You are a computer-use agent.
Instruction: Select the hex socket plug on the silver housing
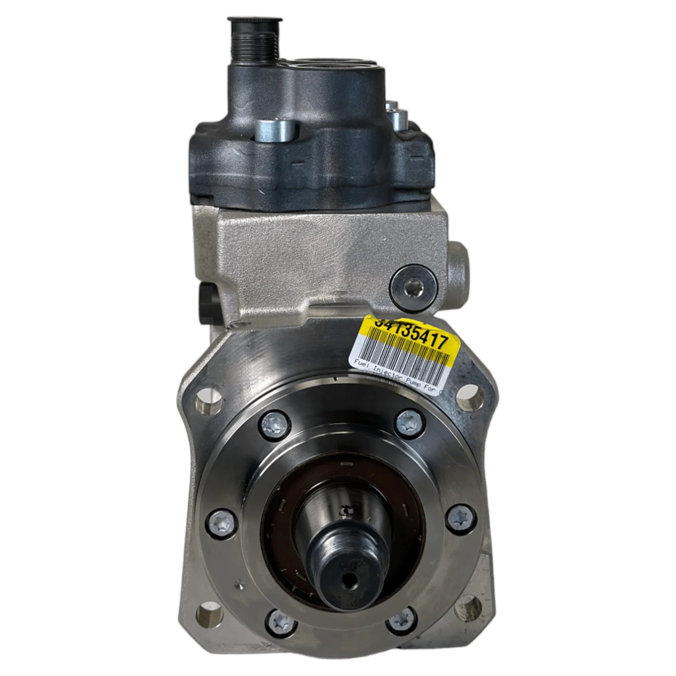click(x=414, y=288)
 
